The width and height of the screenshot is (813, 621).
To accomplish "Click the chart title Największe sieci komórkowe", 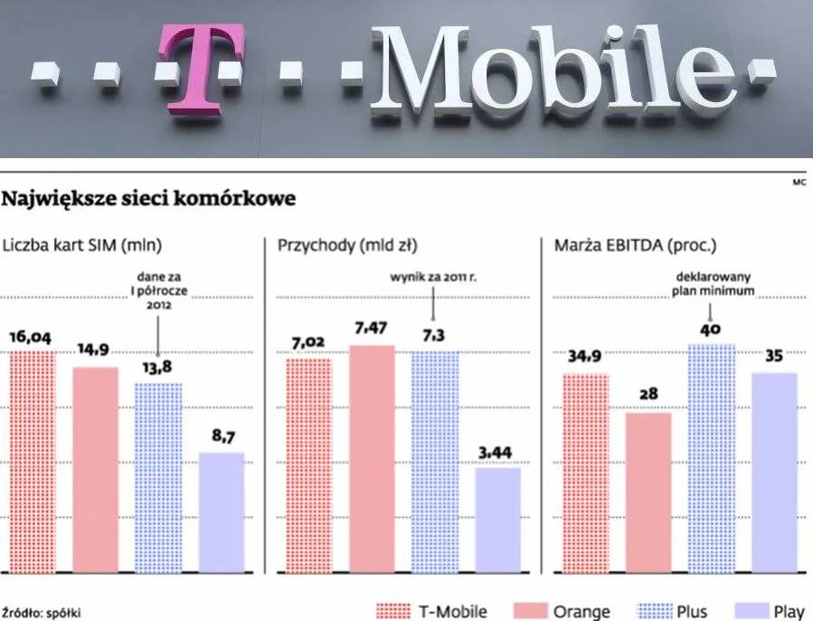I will (150, 198).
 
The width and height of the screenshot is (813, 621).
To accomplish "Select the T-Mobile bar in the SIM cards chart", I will (33, 461).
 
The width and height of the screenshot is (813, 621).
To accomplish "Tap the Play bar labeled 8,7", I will (222, 512).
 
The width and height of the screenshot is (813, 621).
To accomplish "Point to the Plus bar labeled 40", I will (711, 457).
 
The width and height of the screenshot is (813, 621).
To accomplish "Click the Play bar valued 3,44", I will (497, 520).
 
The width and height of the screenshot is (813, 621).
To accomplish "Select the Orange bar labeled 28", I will (648, 493).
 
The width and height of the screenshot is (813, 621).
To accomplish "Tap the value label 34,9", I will (585, 357).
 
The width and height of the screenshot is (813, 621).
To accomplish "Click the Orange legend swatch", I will (530, 611).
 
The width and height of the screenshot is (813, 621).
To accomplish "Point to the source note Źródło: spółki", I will (41, 611).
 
